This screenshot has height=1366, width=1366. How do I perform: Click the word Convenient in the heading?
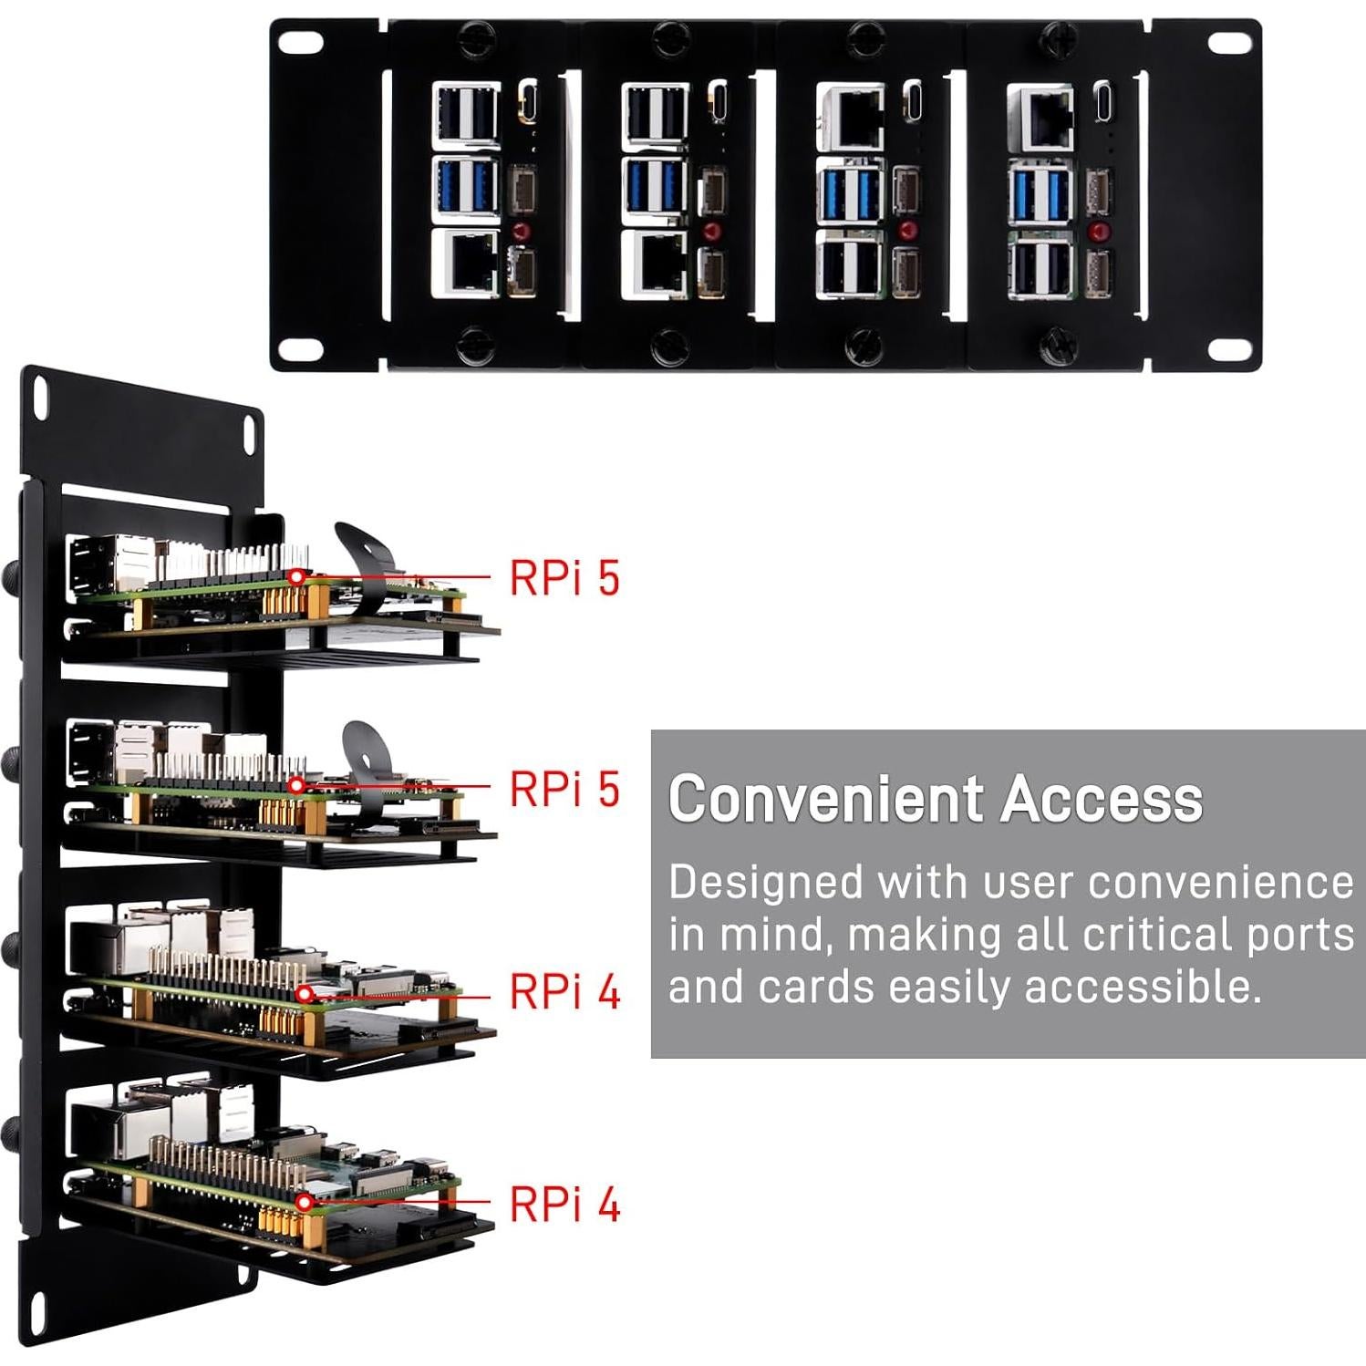(x=826, y=800)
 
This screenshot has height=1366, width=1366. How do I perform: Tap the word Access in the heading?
(x=1102, y=800)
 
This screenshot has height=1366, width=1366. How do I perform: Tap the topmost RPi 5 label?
(x=564, y=578)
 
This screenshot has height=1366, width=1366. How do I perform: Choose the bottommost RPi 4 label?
(x=564, y=1205)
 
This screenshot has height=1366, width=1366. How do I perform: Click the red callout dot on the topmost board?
(x=296, y=576)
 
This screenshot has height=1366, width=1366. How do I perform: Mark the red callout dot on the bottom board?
(x=305, y=1204)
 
